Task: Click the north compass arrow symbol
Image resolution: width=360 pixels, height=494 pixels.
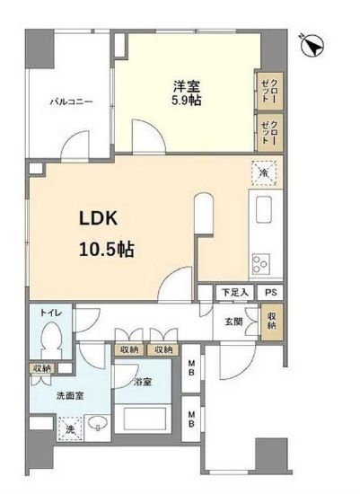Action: click(x=314, y=44)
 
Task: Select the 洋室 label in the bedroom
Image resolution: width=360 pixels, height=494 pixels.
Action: click(x=188, y=86)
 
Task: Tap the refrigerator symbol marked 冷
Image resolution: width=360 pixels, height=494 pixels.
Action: click(x=264, y=173)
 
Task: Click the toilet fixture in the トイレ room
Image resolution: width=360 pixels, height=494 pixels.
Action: click(x=53, y=339)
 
